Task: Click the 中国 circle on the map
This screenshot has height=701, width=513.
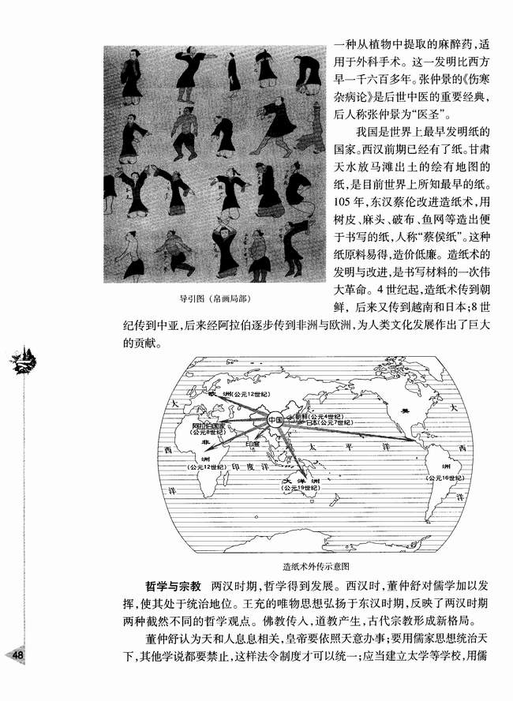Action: [x=274, y=419]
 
